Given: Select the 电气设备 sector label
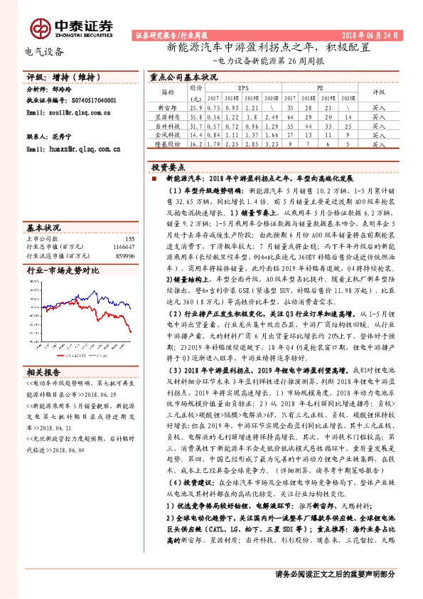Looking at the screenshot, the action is (x=44, y=51).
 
